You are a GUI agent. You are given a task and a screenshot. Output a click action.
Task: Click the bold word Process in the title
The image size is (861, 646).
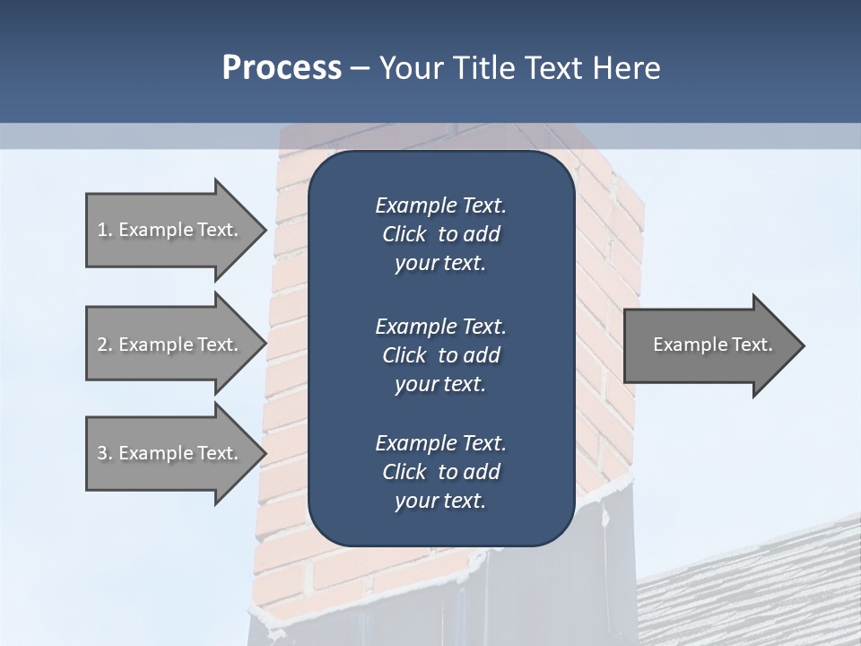pyautogui.click(x=282, y=67)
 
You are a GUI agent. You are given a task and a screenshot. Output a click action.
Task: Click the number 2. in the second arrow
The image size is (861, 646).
pyautogui.click(x=105, y=345)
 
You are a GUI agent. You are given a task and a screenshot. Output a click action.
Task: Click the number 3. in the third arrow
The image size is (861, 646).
pyautogui.click(x=105, y=453)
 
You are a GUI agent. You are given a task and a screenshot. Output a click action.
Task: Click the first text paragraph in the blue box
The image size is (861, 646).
pyautogui.click(x=440, y=234)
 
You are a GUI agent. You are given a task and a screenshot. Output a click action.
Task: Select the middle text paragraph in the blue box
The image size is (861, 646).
pyautogui.click(x=440, y=355)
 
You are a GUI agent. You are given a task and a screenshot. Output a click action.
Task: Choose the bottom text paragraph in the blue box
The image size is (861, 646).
pyautogui.click(x=440, y=472)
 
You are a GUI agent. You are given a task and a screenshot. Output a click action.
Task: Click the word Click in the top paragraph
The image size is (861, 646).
pyautogui.click(x=404, y=235)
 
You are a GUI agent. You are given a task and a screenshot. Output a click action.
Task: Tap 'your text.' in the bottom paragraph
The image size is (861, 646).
pyautogui.click(x=440, y=502)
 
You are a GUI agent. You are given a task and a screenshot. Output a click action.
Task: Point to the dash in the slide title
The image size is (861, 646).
pyautogui.click(x=360, y=67)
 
